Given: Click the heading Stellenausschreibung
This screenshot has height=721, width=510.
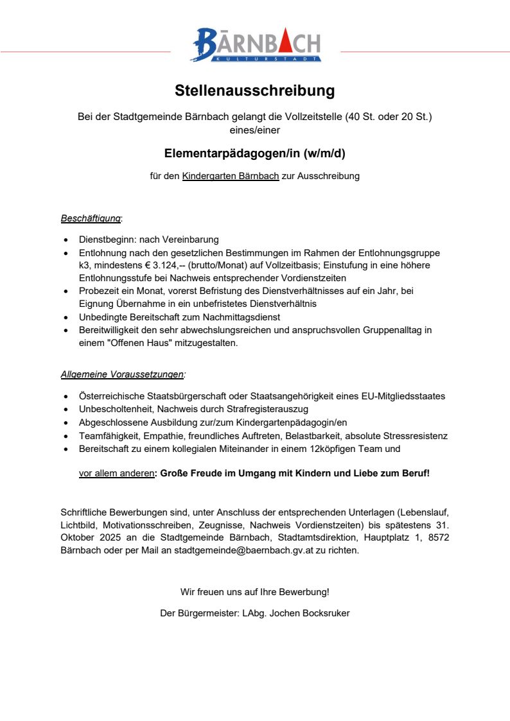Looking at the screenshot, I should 255,91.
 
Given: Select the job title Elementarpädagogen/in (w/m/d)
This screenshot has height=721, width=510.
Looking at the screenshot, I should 255,153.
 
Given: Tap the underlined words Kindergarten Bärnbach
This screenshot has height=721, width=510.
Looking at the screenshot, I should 231,175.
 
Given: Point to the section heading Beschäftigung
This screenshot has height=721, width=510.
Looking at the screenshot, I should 91,218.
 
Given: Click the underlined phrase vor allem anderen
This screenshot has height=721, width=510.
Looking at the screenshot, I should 116,473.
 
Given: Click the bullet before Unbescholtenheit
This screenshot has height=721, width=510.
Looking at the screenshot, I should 66,409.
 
